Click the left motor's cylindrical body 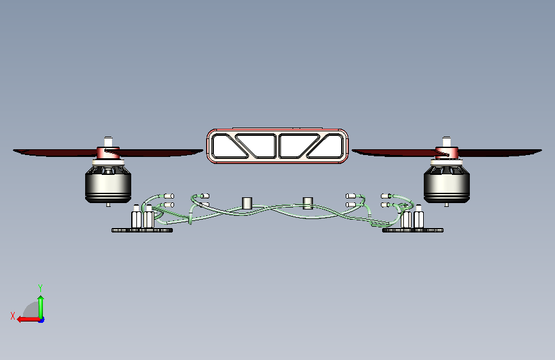(x=108, y=184)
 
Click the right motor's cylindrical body (x=447, y=184)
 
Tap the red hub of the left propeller (x=108, y=152)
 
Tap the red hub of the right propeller (x=447, y=152)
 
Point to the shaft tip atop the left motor (x=108, y=141)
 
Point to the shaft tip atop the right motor (x=447, y=141)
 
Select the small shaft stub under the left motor (x=108, y=204)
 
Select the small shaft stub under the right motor (x=447, y=204)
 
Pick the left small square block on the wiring (x=247, y=203)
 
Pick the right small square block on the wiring (x=308, y=203)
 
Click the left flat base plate (x=142, y=231)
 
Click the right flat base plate (x=413, y=231)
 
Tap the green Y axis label (x=40, y=288)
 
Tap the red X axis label (x=13, y=316)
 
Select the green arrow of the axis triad (x=41, y=307)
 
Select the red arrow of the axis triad (x=28, y=320)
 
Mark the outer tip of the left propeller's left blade (x=13, y=151)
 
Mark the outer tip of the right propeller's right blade (x=542, y=151)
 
